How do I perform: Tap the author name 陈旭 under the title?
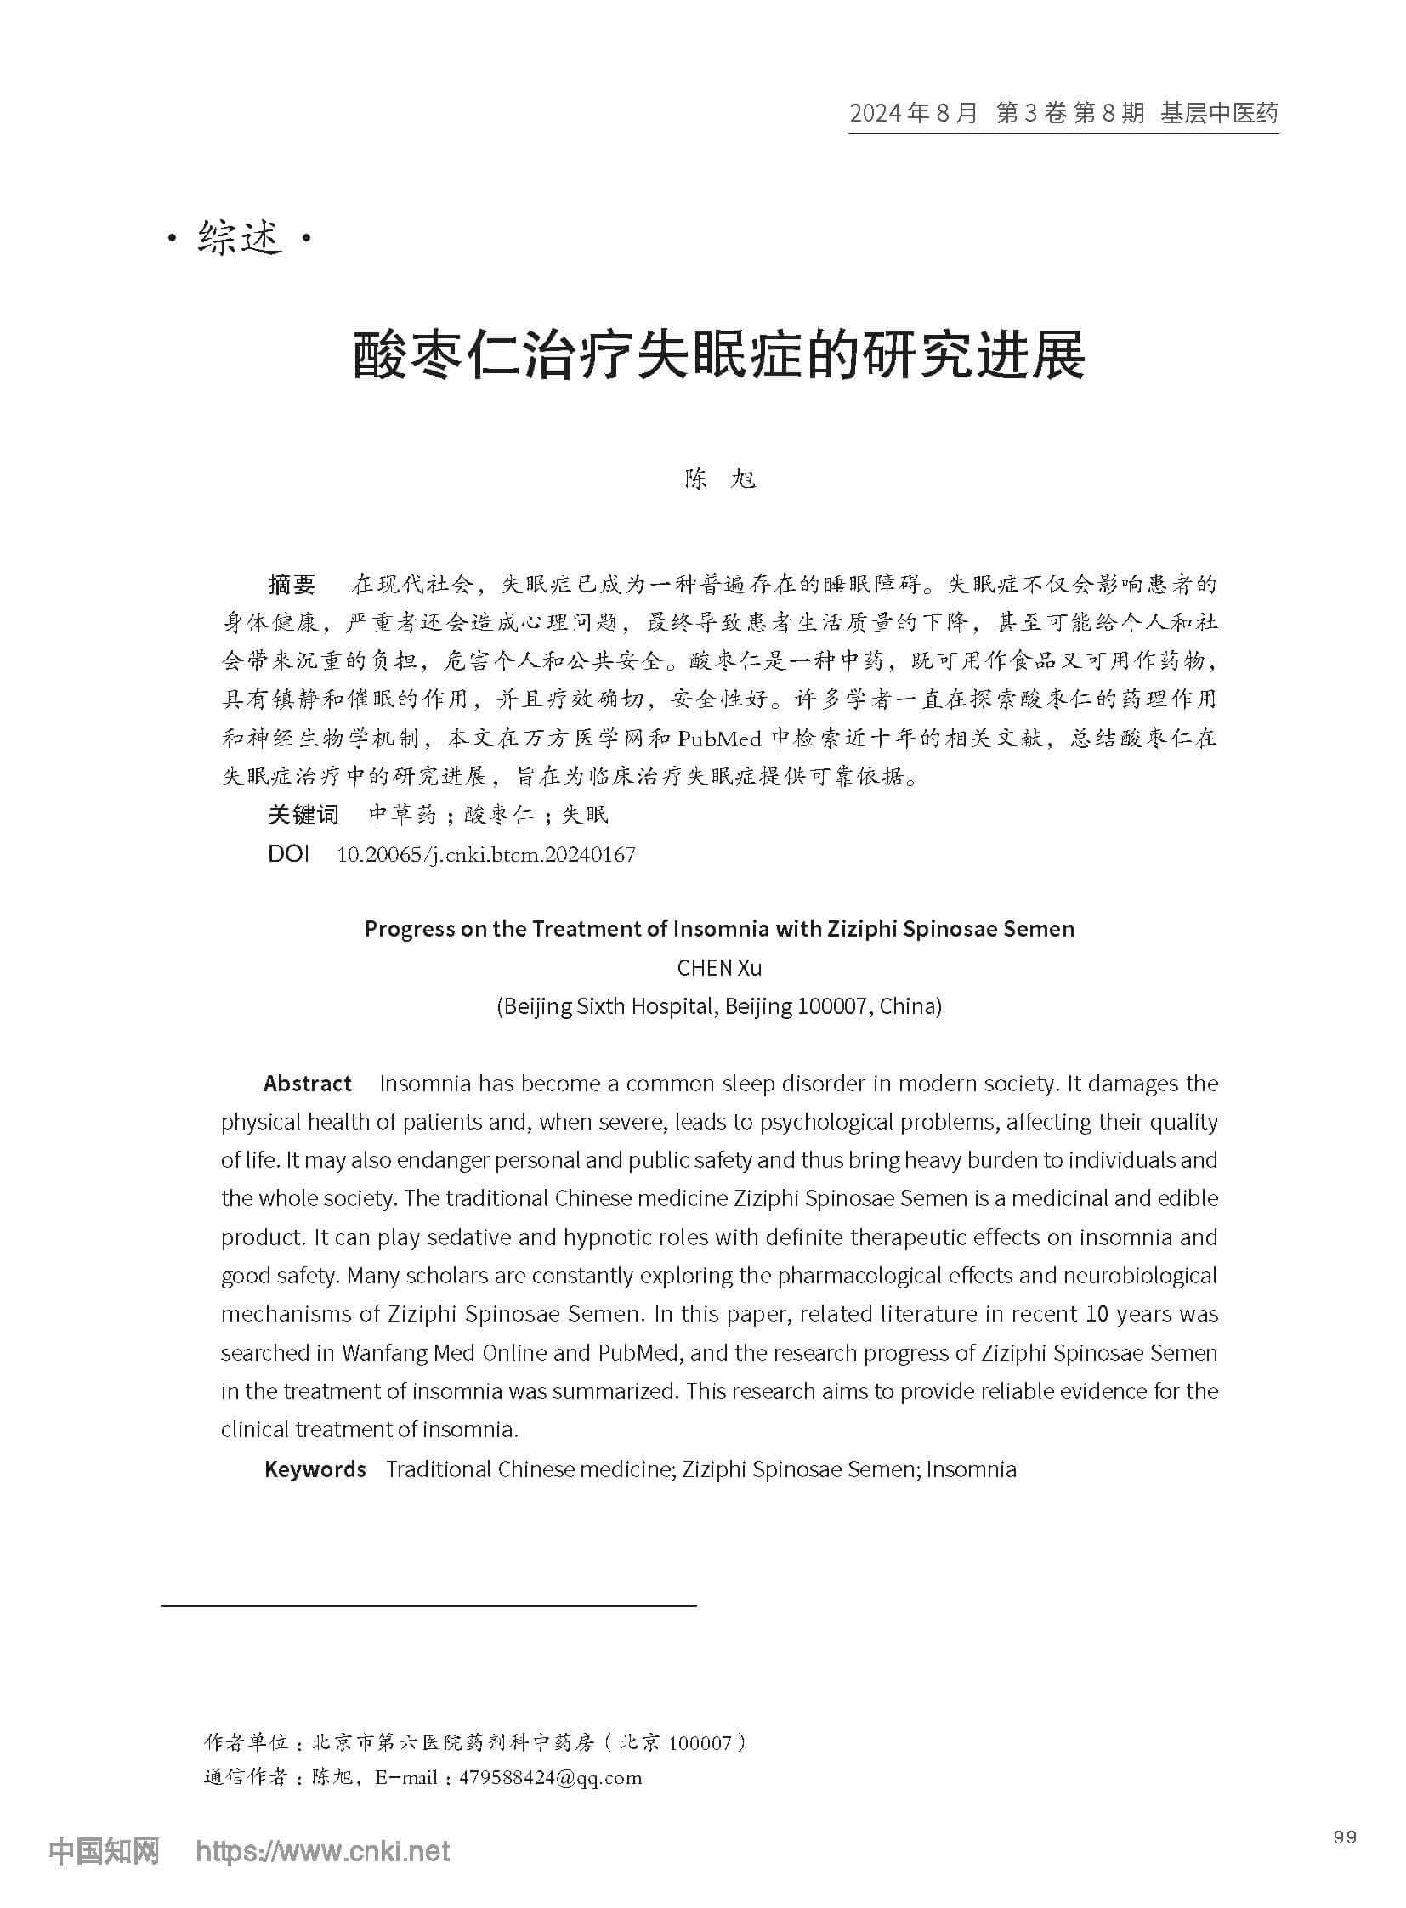(720, 480)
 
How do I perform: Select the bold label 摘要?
(292, 585)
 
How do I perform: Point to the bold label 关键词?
(303, 814)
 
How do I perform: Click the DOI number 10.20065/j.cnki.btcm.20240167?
(486, 854)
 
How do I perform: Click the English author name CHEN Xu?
(719, 968)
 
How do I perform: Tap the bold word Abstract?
(307, 1084)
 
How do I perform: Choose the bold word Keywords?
(315, 1469)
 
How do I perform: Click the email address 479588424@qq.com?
(550, 1778)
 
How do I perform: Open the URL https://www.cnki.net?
(322, 1849)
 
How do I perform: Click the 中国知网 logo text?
(104, 1849)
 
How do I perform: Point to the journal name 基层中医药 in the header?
(1219, 113)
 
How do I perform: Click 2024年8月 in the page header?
(913, 113)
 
